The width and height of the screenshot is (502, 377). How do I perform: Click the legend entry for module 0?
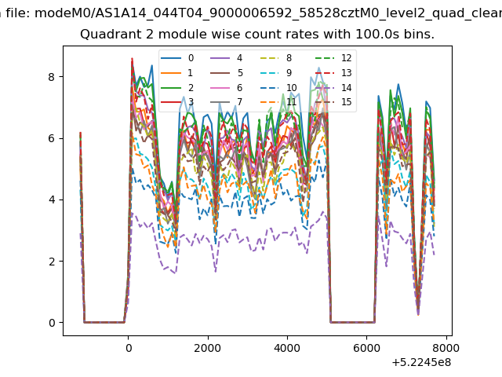point(177,58)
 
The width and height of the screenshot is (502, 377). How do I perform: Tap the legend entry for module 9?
point(281,73)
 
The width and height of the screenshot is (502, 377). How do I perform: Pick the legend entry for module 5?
point(227,73)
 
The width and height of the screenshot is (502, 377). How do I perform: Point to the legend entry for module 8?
point(281,58)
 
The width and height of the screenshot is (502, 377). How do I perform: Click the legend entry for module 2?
point(177,87)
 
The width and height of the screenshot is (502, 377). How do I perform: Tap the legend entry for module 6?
point(227,87)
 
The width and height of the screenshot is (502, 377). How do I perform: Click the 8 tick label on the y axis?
point(52,77)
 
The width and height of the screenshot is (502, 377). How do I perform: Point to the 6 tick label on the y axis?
point(52,138)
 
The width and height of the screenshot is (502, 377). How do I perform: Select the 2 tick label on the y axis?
point(52,262)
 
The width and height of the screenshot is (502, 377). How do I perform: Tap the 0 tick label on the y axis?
point(52,323)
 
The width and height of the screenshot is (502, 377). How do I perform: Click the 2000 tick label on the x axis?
point(207,348)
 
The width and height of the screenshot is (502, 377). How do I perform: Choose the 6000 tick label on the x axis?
point(366,348)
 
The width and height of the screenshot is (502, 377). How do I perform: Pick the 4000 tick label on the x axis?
point(287,348)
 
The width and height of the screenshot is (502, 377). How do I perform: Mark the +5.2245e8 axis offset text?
point(421,363)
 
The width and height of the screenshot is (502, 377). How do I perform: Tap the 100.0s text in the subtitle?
point(377,35)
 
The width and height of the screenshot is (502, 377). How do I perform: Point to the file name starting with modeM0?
point(268,13)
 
